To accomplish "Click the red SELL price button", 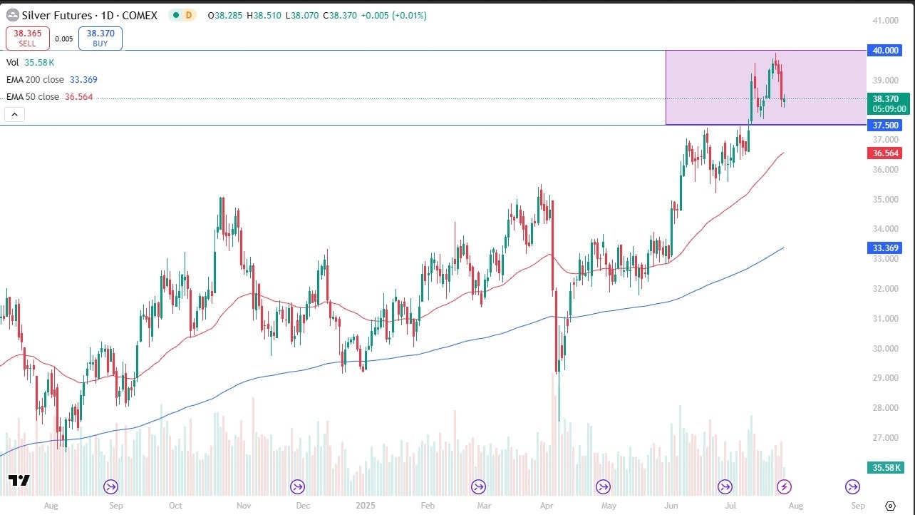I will (28, 39).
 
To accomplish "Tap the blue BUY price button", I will (100, 39).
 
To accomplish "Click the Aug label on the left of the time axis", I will (51, 506).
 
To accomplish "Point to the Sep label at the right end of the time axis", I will (858, 506).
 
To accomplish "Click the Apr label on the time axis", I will (547, 506).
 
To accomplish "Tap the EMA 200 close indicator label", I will (36, 80).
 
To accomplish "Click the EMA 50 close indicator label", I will (33, 97).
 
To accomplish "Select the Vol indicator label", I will (13, 63).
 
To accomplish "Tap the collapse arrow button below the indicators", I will (14, 114).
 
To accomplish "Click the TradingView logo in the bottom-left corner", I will (19, 481).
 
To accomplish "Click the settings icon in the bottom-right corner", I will (890, 506).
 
